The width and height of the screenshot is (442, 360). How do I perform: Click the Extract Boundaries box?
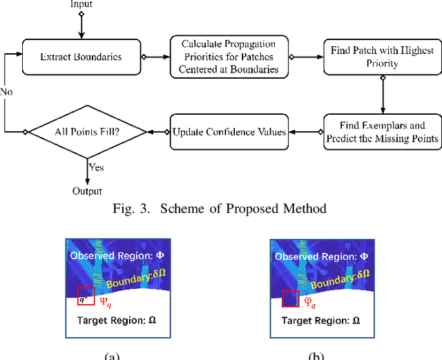pyautogui.click(x=81, y=57)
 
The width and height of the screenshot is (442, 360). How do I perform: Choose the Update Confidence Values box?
pyautogui.click(x=229, y=131)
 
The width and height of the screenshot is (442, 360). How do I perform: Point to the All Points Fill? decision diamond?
pyautogui.click(x=86, y=131)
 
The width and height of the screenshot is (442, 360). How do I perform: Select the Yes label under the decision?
pyautogui.click(x=97, y=166)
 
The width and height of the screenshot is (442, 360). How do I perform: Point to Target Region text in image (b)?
pyautogui.click(x=320, y=321)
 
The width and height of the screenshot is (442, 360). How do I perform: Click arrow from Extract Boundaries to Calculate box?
pyautogui.click(x=157, y=57)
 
